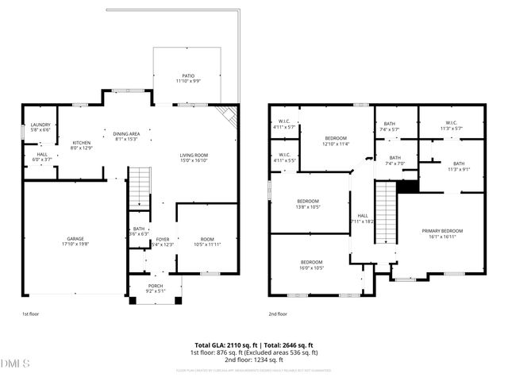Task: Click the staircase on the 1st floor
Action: tap(140, 187)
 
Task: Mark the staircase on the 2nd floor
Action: tap(385, 213)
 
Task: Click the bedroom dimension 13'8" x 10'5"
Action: tap(309, 207)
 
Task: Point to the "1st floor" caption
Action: tap(31, 314)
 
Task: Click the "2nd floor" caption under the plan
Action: tap(278, 314)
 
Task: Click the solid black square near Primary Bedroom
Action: tap(407, 187)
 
